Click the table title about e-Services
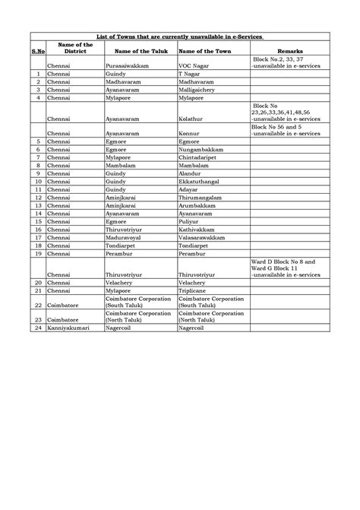coord(180,36)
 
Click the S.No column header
coord(37,50)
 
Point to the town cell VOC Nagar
coord(193,66)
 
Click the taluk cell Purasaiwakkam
coord(128,66)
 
